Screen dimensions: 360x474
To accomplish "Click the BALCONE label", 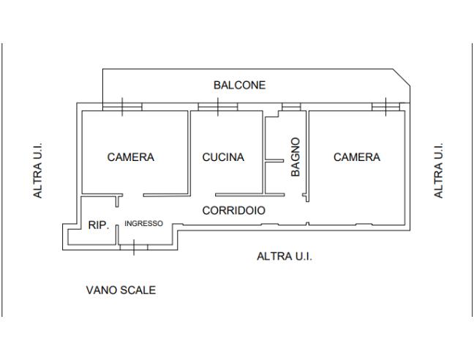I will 239,86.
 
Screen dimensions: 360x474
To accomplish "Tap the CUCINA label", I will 223,157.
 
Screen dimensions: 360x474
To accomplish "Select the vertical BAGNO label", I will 296,157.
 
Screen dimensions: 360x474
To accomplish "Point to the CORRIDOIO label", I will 233,210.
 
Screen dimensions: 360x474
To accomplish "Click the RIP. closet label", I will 98,225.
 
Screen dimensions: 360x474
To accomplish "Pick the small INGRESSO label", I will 143,224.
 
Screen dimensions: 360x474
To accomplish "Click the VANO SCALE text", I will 121,290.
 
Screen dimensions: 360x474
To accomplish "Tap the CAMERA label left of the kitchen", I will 131,157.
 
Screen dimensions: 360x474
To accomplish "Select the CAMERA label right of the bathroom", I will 357,157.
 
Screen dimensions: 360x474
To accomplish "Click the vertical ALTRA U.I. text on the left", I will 37,170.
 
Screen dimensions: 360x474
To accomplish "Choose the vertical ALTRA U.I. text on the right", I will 439,170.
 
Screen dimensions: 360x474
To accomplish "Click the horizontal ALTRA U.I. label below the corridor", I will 285,257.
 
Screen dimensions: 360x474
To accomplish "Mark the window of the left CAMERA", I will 122,107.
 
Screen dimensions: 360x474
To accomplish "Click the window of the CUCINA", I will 218,107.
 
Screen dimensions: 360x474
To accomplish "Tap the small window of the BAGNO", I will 291,107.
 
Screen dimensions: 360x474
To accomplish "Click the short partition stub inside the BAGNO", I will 274,161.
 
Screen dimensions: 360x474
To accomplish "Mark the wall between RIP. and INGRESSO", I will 117,233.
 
